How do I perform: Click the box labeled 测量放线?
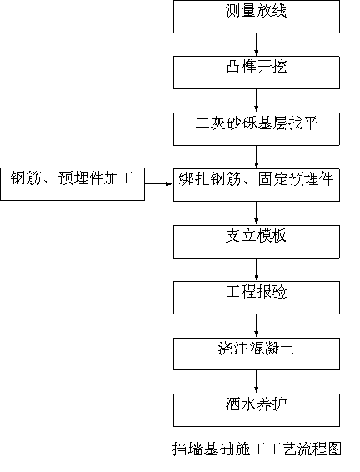(x=257, y=17)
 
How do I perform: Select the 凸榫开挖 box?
(x=257, y=73)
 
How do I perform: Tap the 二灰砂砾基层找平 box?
(x=257, y=129)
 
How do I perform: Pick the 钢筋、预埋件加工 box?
(x=72, y=184)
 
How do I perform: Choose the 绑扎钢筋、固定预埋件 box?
(x=257, y=185)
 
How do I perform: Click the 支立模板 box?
(x=257, y=242)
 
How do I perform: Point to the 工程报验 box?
(x=257, y=298)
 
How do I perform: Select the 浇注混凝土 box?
(x=257, y=354)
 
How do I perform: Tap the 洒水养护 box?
(x=257, y=410)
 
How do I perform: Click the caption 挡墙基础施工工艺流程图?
(x=257, y=449)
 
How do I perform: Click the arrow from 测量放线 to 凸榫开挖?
(x=256, y=44)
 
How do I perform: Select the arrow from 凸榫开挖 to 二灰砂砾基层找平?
(x=256, y=101)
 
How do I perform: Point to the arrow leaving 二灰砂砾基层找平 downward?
(x=256, y=157)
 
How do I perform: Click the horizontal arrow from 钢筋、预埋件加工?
(x=159, y=183)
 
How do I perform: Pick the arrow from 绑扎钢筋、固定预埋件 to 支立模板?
(x=256, y=213)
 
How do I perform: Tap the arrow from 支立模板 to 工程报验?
(x=256, y=269)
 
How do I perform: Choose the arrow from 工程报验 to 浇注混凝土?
(x=256, y=326)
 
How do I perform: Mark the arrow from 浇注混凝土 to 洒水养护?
(x=256, y=382)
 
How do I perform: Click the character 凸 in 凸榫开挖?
(x=233, y=67)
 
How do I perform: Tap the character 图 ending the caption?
(x=334, y=449)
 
